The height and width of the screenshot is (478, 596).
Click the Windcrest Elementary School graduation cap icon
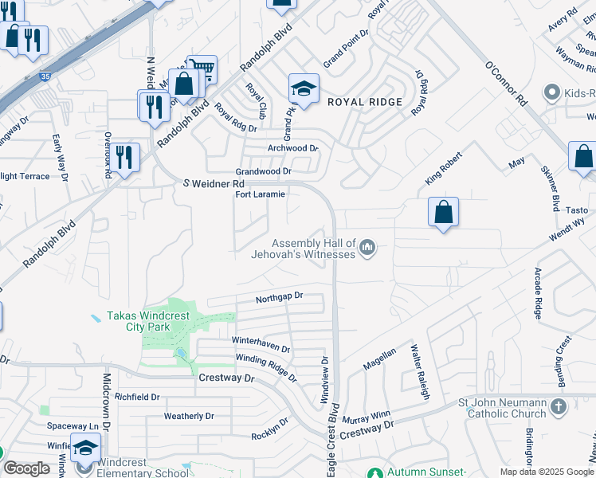click(85, 448)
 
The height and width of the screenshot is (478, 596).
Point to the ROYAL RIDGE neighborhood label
click(365, 102)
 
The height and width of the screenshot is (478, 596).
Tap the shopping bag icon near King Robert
click(443, 212)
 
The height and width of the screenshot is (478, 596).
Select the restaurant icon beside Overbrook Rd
click(124, 156)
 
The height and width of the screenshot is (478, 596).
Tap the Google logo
click(26, 468)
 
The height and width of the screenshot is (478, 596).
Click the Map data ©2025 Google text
click(547, 472)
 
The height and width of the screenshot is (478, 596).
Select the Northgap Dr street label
click(280, 298)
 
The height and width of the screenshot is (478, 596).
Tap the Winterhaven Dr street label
click(261, 343)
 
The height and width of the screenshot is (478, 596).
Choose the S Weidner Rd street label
click(213, 184)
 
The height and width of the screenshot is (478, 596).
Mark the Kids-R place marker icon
click(551, 93)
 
